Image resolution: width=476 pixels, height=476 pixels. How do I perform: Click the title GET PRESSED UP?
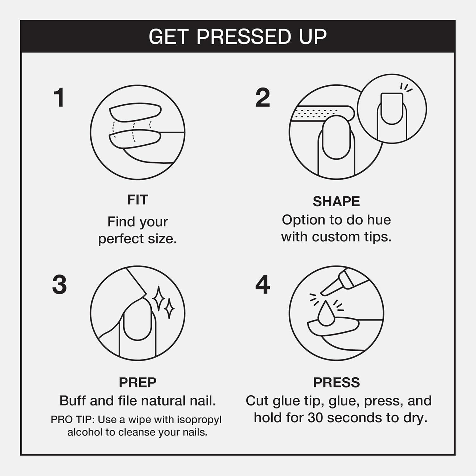pos(238,36)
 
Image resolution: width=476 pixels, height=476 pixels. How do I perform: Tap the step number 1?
pos(59,97)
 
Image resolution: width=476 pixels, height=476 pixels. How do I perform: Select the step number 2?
pos(263,97)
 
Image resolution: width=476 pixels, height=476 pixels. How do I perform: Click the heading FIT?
pos(137,200)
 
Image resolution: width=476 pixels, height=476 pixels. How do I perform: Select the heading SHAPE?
pos(336,201)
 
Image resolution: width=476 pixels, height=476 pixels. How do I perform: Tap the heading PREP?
pos(137,382)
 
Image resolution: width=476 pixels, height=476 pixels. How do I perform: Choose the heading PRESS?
pos(337,382)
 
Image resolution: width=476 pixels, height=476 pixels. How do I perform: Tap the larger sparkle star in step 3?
pos(159,298)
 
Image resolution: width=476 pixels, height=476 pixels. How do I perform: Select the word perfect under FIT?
pos(121,239)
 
